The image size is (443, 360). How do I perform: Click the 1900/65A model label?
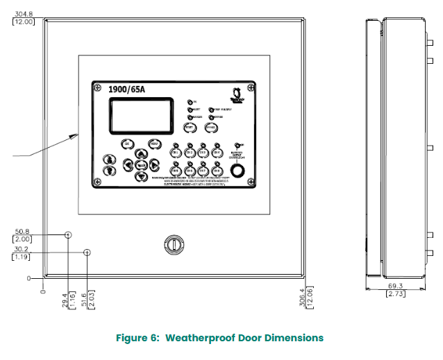(128, 89)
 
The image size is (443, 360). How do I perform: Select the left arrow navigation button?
(128, 165)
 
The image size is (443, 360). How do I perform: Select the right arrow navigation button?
(154, 165)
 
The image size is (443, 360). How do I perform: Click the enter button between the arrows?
(141, 165)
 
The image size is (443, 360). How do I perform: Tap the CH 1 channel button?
(176, 153)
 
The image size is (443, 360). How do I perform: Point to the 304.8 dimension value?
(23, 13)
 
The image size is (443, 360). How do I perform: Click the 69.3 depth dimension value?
(396, 285)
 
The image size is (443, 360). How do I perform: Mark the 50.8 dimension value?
(23, 232)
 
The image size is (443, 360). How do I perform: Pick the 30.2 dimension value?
(23, 250)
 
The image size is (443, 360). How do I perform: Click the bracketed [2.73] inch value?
(396, 293)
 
